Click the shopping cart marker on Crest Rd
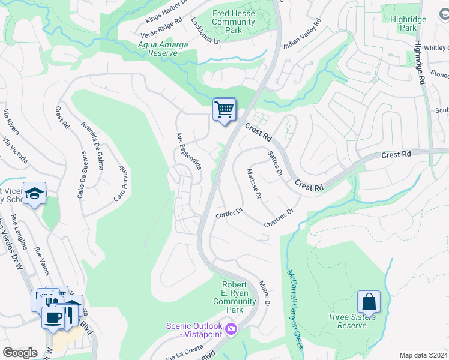224,110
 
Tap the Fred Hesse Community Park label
234,22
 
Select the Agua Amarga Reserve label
162,49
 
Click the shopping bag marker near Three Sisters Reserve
369,301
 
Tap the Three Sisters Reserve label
351,321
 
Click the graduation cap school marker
34,194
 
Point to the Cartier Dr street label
229,213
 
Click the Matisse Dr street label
254,184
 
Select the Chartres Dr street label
279,218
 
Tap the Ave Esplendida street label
188,150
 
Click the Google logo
20,353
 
